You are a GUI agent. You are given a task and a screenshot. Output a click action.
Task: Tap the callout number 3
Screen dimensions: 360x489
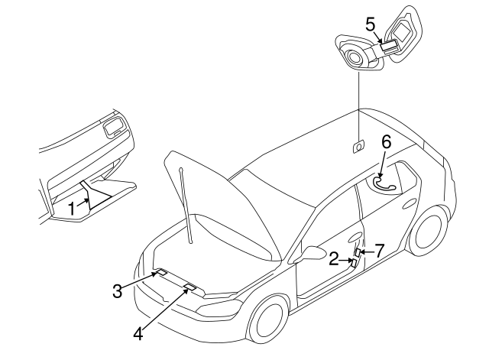point(117,290)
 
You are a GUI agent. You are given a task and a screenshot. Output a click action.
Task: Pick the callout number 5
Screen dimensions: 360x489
point(371,24)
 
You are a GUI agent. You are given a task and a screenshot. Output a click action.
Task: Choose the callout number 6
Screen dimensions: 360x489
point(387,141)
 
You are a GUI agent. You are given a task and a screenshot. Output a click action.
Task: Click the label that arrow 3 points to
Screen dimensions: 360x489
point(162,272)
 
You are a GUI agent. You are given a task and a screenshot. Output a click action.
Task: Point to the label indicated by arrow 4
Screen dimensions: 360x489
point(189,288)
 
